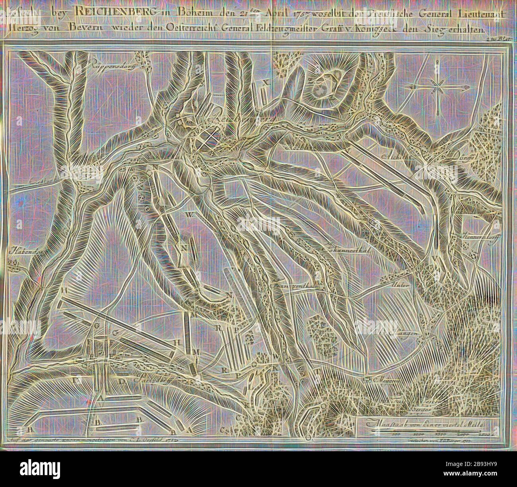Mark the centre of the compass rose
[437, 88]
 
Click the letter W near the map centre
[189, 215]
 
